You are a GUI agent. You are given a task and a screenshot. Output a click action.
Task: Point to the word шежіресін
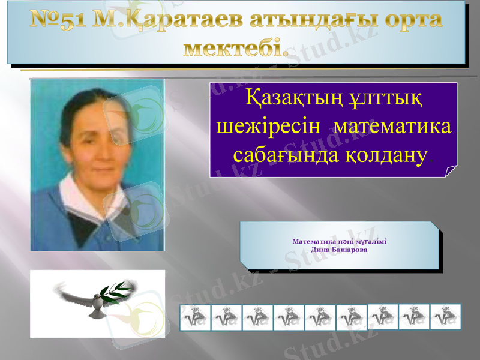pyautogui.click(x=271, y=127)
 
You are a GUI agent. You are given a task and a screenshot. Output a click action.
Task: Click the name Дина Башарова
pyautogui.click(x=339, y=249)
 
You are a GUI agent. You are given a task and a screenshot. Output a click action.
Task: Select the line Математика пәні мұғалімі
pyautogui.click(x=339, y=241)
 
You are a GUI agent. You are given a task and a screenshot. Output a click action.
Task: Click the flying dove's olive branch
pyautogui.click(x=118, y=292)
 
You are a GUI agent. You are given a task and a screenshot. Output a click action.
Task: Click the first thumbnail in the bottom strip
pyautogui.click(x=195, y=317)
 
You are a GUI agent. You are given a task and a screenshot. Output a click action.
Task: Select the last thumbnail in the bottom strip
pyautogui.click(x=445, y=316)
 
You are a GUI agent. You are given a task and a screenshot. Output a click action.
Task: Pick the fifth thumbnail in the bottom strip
pyautogui.click(x=320, y=317)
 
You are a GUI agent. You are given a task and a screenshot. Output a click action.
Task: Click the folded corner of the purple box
pyautogui.click(x=451, y=171)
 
